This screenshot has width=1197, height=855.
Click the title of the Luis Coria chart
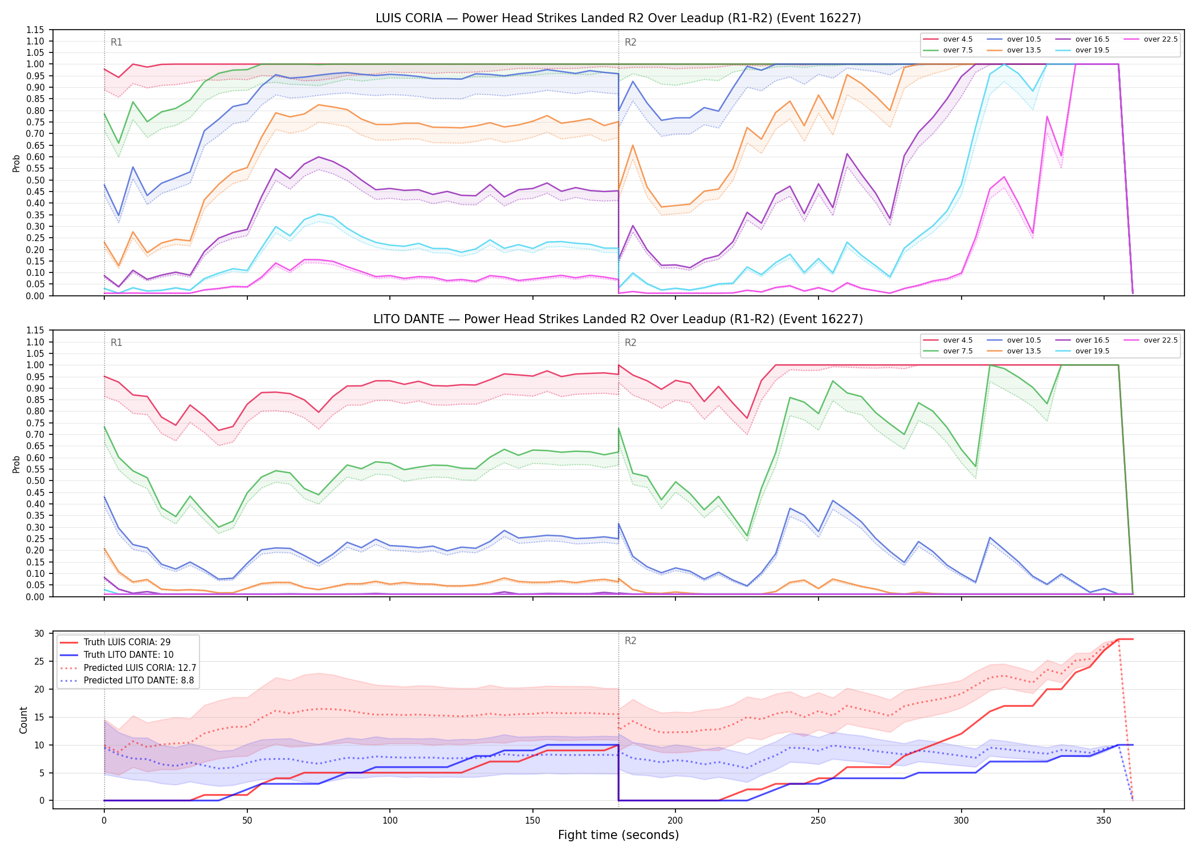point(618,18)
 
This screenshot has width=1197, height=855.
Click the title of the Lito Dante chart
point(618,319)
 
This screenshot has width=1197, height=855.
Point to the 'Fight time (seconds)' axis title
point(618,835)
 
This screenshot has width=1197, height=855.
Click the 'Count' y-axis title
point(23,720)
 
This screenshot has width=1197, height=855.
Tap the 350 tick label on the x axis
point(1104,821)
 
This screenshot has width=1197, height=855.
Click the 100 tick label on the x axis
point(390,821)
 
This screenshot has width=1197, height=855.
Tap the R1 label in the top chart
point(116,42)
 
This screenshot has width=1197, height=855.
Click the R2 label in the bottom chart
point(630,641)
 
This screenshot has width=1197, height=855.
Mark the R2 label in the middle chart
point(630,343)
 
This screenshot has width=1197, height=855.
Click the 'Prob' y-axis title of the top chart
point(17,163)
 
